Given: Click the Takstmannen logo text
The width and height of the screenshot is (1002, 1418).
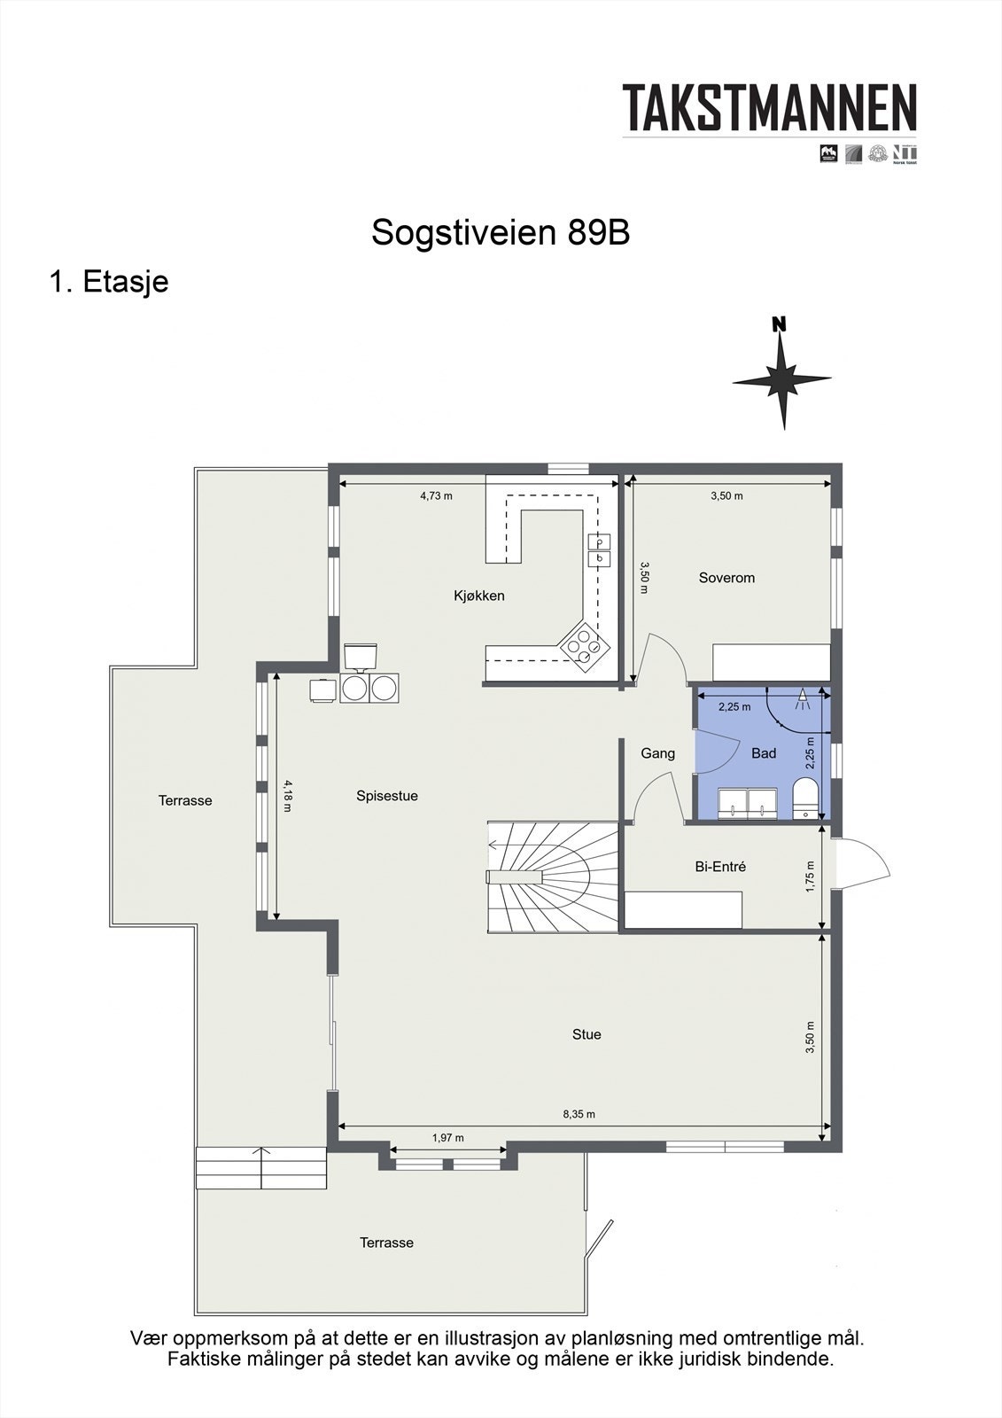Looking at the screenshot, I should tap(769, 108).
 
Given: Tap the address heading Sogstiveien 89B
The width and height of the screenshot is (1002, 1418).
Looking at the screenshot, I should tap(501, 233).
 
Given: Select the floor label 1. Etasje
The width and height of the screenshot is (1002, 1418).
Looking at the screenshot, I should tap(109, 282).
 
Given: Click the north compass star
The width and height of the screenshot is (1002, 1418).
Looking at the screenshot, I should tap(781, 378).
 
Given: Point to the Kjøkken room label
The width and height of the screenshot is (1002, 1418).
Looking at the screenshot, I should tap(479, 596).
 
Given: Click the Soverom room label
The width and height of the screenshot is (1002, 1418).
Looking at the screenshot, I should tap(726, 578).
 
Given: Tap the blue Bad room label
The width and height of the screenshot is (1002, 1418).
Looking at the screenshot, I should tap(764, 753).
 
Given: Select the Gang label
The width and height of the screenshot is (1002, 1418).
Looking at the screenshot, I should tap(657, 753).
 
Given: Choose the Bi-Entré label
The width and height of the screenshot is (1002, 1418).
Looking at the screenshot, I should tap(720, 867).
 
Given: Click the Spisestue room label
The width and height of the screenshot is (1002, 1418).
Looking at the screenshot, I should tap(387, 796).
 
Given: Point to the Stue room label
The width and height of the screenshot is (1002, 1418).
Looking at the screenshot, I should tap(586, 1034).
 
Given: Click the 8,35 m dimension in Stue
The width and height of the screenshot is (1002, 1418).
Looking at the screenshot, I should tap(579, 1114).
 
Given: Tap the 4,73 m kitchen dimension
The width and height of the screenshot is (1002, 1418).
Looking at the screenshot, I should tap(436, 496).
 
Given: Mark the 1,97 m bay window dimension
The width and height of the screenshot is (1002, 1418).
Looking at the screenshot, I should tap(447, 1138).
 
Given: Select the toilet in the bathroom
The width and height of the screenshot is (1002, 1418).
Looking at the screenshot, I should tap(806, 796).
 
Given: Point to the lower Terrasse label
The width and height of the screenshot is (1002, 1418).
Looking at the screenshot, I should tap(386, 1243).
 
